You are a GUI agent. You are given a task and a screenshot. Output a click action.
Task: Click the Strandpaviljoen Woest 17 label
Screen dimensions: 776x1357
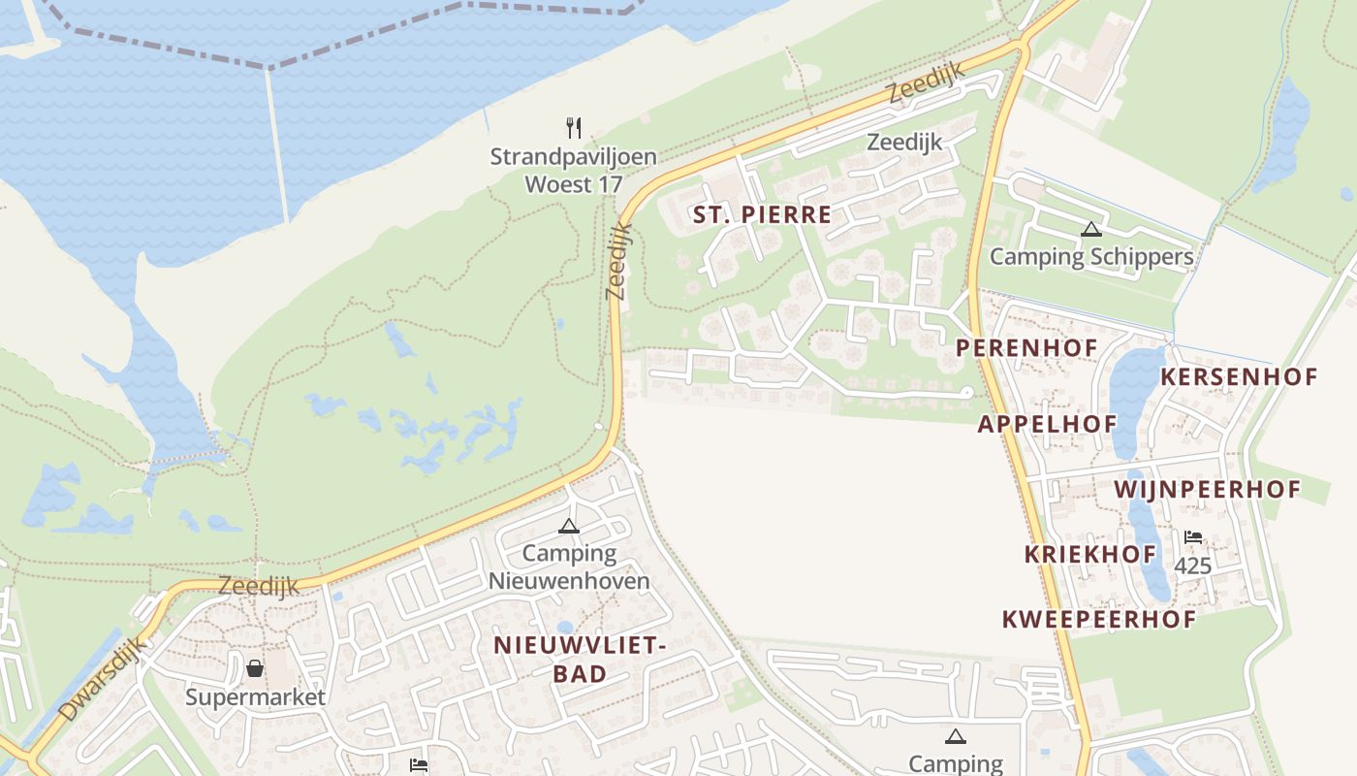pyautogui.click(x=573, y=170)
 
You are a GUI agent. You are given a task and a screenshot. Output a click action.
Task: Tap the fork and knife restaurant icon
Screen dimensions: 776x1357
pyautogui.click(x=574, y=127)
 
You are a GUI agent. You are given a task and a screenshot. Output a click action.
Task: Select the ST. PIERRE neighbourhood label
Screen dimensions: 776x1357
pyautogui.click(x=763, y=215)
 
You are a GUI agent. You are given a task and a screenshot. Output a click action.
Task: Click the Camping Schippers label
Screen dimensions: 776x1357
pyautogui.click(x=1091, y=257)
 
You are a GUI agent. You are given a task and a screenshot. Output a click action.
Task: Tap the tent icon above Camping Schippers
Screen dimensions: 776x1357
pyautogui.click(x=1091, y=230)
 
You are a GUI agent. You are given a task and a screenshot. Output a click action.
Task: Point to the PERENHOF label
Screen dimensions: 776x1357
pyautogui.click(x=1026, y=347)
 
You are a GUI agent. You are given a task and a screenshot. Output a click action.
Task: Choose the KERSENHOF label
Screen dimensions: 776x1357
pyautogui.click(x=1239, y=376)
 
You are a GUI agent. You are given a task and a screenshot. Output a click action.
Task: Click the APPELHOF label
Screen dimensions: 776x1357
pyautogui.click(x=1047, y=424)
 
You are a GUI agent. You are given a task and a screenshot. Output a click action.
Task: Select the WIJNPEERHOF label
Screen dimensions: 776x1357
pyautogui.click(x=1207, y=489)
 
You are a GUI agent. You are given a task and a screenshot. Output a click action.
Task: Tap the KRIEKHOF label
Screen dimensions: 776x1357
pyautogui.click(x=1090, y=555)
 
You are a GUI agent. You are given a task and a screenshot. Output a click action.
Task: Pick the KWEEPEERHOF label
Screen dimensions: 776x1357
pyautogui.click(x=1098, y=619)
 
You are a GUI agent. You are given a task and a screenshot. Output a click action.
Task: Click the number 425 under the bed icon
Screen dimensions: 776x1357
pyautogui.click(x=1192, y=566)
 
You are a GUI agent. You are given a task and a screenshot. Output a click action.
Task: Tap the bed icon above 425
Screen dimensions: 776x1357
pyautogui.click(x=1192, y=537)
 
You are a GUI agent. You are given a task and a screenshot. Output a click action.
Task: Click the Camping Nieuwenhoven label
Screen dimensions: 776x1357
pyautogui.click(x=569, y=567)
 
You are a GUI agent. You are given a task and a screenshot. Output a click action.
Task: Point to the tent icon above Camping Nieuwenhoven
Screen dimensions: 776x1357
pyautogui.click(x=569, y=527)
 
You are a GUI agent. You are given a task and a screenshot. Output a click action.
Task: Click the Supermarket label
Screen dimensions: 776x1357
pyautogui.click(x=256, y=696)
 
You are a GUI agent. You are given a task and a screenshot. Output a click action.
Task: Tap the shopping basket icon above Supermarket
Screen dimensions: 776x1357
pyautogui.click(x=254, y=668)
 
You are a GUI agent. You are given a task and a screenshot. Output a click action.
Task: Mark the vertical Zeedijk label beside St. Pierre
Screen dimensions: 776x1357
pyautogui.click(x=618, y=260)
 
